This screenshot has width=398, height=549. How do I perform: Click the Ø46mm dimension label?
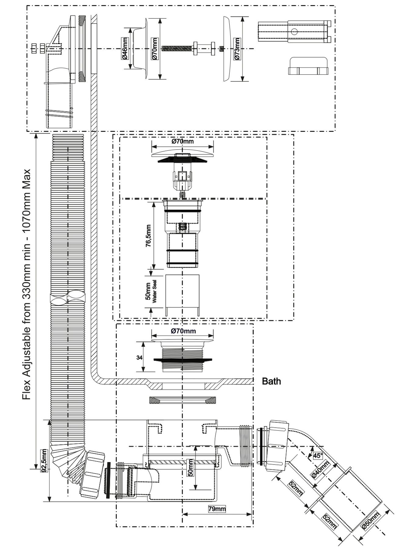tap(125, 48)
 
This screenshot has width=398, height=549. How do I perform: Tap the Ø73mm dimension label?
tap(237, 48)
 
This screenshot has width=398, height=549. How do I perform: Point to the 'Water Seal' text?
tap(154, 292)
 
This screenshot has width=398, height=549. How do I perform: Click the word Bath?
tap(271, 381)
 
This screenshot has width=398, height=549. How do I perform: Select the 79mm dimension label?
tap(217, 509)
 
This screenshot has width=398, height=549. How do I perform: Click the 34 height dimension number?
tap(139, 357)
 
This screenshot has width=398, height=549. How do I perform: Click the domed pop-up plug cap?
tap(182, 152)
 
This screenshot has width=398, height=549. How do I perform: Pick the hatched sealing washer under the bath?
tap(182, 400)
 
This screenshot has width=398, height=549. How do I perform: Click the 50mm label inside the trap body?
tap(191, 468)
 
